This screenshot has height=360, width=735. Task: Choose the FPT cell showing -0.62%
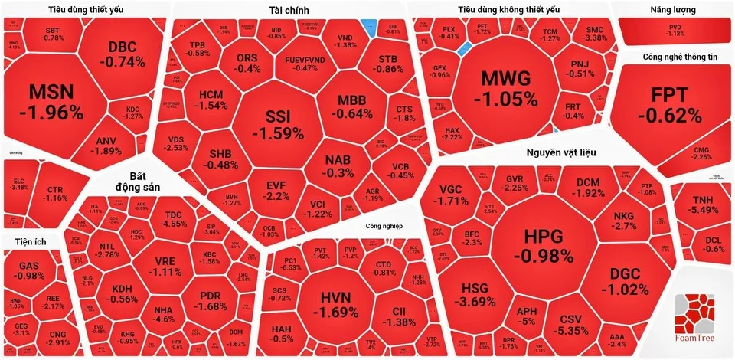point(668,105)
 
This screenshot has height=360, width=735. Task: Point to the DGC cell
point(624,281)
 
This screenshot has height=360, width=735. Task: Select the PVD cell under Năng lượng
point(674,30)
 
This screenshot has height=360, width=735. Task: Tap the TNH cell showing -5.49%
point(701,204)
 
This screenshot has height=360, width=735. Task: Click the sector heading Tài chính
point(289,9)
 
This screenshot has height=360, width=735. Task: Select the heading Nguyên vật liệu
point(561,153)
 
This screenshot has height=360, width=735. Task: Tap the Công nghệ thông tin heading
point(680,56)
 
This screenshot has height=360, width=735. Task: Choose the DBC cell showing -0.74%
point(126,54)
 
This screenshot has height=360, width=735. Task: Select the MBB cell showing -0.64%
point(352,107)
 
